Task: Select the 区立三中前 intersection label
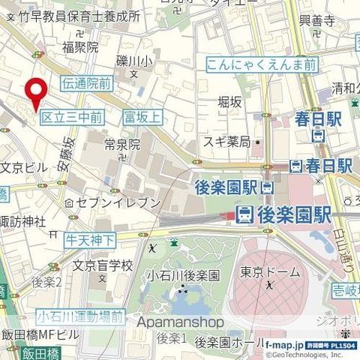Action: tap(71, 117)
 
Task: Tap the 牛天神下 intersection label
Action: tap(90, 239)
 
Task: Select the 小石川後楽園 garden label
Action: tap(183, 275)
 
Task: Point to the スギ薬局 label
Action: tap(226, 141)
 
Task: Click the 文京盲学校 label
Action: tap(102, 265)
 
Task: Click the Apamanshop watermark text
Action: tap(181, 322)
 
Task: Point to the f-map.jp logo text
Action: tap(288, 344)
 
